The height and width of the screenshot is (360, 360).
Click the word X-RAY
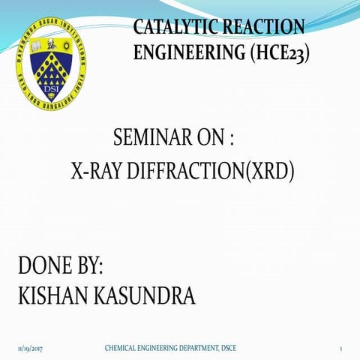(96, 172)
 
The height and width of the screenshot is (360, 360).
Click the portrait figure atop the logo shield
(50, 60)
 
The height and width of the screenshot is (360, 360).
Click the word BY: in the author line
(86, 265)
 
